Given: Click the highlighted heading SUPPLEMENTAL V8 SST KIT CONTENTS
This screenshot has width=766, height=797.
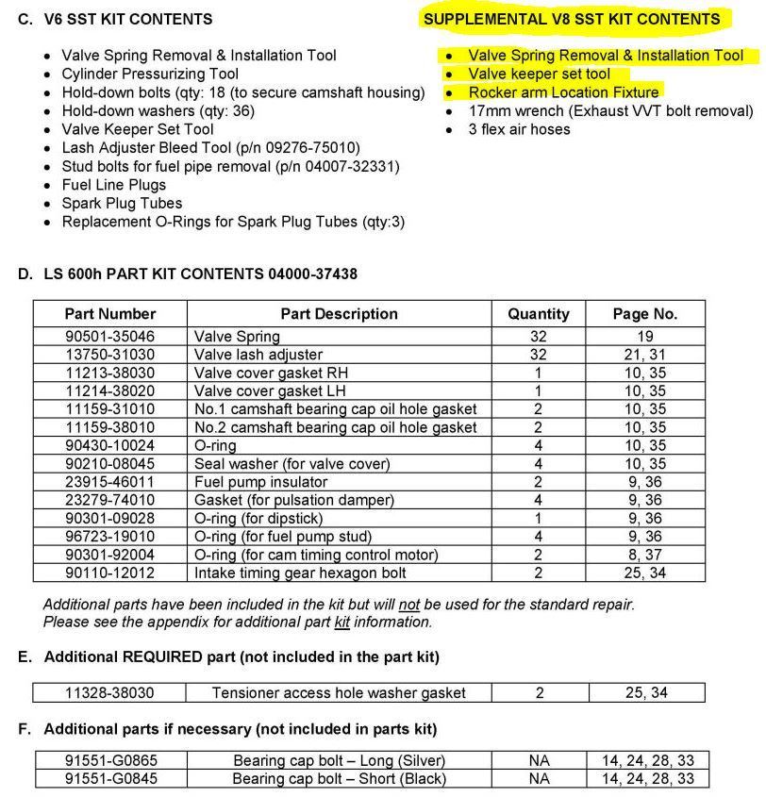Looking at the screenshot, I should coord(572,19).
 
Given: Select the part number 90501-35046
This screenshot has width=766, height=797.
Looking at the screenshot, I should coord(110,336).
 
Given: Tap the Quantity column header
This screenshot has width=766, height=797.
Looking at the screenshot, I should coord(538,314).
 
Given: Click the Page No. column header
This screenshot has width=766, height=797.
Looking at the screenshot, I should coord(645,314).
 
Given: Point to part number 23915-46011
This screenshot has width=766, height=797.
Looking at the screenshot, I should coord(110,482).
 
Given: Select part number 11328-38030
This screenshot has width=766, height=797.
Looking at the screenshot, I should coord(110,692).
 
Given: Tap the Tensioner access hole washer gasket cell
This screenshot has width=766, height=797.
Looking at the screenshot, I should coord(339,692).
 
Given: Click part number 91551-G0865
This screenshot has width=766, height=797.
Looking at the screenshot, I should coord(110,760).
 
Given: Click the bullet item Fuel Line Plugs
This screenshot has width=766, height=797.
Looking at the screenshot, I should coord(113,185).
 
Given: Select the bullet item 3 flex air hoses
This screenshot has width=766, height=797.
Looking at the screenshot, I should coord(519,129).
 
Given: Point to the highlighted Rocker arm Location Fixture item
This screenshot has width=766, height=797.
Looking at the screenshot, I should coord(563,92).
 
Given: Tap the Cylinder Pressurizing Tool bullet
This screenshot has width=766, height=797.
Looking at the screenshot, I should coord(150,74).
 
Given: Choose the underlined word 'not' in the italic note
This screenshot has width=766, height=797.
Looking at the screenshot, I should coord(408,605).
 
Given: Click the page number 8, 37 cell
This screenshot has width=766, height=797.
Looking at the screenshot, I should coord(645,555).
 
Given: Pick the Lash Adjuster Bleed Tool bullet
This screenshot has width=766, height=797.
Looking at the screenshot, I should coord(210,148).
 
